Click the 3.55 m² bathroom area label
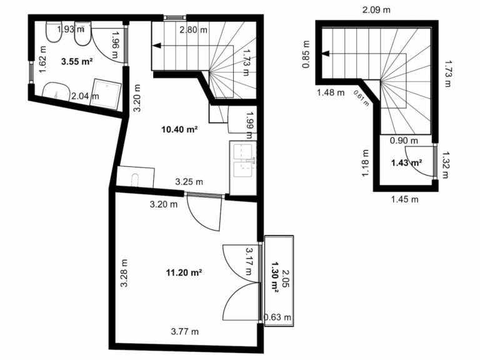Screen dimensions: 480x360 pyautogui.click(x=77, y=61)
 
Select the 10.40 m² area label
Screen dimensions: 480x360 pyautogui.click(x=179, y=129)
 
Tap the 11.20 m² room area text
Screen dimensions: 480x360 pyautogui.click(x=184, y=272)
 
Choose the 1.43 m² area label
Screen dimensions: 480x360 pyautogui.click(x=406, y=163)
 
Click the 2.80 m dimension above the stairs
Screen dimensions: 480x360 pyautogui.click(x=193, y=30)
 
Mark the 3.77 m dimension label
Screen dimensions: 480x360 pyautogui.click(x=184, y=331)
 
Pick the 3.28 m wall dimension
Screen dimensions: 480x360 pyautogui.click(x=124, y=273)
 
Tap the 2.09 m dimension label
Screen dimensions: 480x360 pyautogui.click(x=376, y=10)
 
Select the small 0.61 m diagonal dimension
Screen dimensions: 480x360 pyautogui.click(x=361, y=98)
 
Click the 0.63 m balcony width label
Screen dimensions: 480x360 pyautogui.click(x=277, y=317)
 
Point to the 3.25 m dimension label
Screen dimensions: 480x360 pyautogui.click(x=189, y=182)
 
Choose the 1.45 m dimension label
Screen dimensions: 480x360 pyautogui.click(x=405, y=199)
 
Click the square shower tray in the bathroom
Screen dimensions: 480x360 pyautogui.click(x=106, y=94)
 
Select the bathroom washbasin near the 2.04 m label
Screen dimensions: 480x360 pyautogui.click(x=56, y=91)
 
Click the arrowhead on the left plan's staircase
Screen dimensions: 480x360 pyautogui.click(x=157, y=46)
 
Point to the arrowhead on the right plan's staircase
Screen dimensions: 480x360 pyautogui.click(x=325, y=54)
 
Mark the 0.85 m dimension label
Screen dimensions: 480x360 pyautogui.click(x=306, y=54)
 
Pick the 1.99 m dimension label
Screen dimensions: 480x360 pyautogui.click(x=249, y=125)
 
